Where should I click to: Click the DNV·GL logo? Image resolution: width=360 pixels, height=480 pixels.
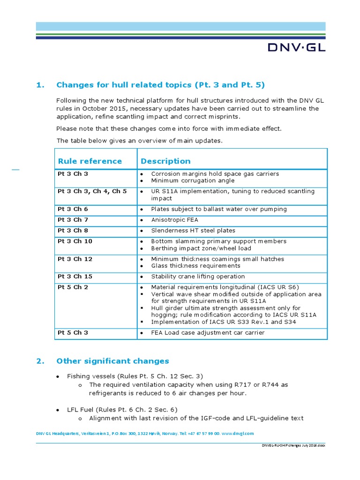pos(296,47)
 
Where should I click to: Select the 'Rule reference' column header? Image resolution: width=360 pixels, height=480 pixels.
pos(90,161)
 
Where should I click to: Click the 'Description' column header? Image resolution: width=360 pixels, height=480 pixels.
pos(165,161)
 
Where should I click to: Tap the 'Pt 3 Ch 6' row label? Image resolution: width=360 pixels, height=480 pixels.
pos(73,209)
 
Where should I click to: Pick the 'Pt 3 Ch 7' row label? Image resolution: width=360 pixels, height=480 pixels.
pos(73,220)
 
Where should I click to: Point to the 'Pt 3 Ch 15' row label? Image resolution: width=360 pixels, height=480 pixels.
pos(75,277)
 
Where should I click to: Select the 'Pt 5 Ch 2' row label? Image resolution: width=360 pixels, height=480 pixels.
pos(73,287)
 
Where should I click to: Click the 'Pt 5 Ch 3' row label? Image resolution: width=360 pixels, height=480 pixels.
pos(73,333)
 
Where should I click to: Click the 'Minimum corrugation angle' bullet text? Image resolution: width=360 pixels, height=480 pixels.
pos(193,180)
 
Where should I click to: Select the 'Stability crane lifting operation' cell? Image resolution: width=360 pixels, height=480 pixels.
pos(198,277)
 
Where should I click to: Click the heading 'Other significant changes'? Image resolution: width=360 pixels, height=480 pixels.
pos(112,361)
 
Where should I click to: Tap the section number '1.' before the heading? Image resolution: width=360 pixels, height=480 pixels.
pos(40,85)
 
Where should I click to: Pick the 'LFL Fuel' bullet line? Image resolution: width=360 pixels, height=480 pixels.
pos(122,410)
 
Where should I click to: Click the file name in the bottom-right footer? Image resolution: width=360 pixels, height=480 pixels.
pos(293,445)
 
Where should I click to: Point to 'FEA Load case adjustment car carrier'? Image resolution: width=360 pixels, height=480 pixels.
pos(208,333)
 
